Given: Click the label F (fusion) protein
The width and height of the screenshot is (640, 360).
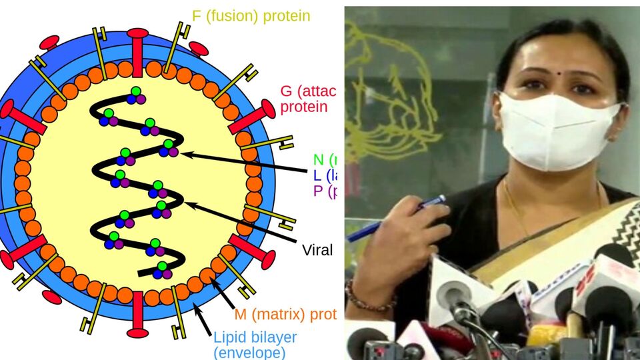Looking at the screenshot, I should coord(251,16).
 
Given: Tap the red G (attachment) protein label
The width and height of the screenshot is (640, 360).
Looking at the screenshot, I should coord(308,99).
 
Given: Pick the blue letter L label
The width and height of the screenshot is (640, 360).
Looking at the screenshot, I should coord(317,176).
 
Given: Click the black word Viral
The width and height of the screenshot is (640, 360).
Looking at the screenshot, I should coord(317,250).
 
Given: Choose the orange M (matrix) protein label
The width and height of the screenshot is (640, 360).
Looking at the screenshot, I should coord(285,314).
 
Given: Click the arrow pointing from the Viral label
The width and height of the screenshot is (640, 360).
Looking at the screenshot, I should coord(240,221).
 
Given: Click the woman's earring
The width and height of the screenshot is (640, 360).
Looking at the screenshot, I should coord(611,137).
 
